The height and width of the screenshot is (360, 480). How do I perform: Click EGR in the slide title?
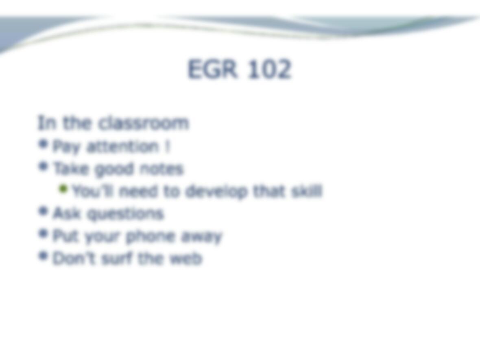point(212,69)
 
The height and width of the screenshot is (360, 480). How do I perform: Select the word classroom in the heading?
point(144,123)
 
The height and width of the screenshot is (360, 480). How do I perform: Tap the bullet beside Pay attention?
point(43,144)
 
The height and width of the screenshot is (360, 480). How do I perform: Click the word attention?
point(123,146)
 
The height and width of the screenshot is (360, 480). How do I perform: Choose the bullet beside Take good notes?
point(43,166)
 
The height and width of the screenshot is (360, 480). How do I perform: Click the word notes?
point(161,169)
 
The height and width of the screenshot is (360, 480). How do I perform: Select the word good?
point(114,170)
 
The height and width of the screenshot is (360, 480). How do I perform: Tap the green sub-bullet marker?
point(63,189)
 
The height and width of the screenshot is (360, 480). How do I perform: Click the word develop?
point(216,192)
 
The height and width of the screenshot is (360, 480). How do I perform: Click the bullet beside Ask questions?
point(43,211)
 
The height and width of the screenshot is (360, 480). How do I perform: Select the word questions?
point(126,214)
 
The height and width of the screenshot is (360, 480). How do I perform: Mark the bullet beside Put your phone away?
point(43,233)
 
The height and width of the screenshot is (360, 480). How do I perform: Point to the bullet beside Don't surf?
point(43,255)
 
